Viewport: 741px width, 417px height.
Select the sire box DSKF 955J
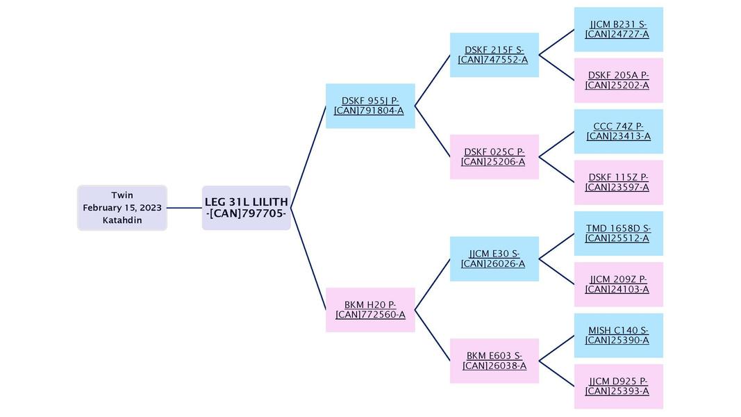[x=370, y=106]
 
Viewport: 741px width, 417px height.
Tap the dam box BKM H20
[x=370, y=310]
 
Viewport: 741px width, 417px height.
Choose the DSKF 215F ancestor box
[x=494, y=55]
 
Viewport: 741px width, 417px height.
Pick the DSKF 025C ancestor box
[x=494, y=157]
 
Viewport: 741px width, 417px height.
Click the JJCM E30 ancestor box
[x=494, y=259]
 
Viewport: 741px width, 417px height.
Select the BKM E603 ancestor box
[x=494, y=361]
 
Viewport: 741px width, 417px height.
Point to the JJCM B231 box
[x=618, y=29]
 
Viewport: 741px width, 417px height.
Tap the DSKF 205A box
[x=618, y=81]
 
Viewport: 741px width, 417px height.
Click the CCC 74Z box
[x=618, y=131]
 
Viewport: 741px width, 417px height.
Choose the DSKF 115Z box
[x=618, y=182]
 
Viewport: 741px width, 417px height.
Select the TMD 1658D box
[x=618, y=234]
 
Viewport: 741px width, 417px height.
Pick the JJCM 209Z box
[x=618, y=284]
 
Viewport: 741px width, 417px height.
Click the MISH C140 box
[x=618, y=335]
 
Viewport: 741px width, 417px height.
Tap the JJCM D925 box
[x=618, y=386]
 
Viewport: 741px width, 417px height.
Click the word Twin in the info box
[x=122, y=195]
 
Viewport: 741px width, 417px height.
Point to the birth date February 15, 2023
[x=122, y=208]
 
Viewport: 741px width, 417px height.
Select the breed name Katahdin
[x=122, y=220]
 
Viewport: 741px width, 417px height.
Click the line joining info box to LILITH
[x=184, y=208]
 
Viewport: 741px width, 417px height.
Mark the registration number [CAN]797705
[x=247, y=214]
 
